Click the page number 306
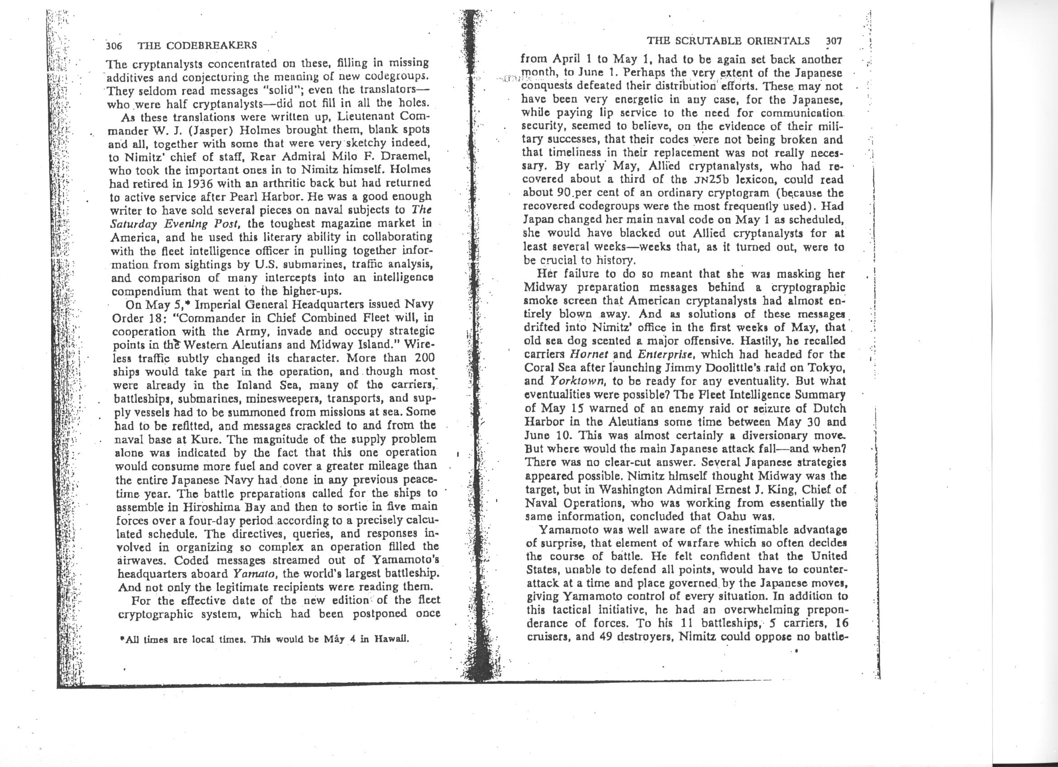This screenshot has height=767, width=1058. (114, 46)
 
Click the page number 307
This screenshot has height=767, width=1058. (834, 41)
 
